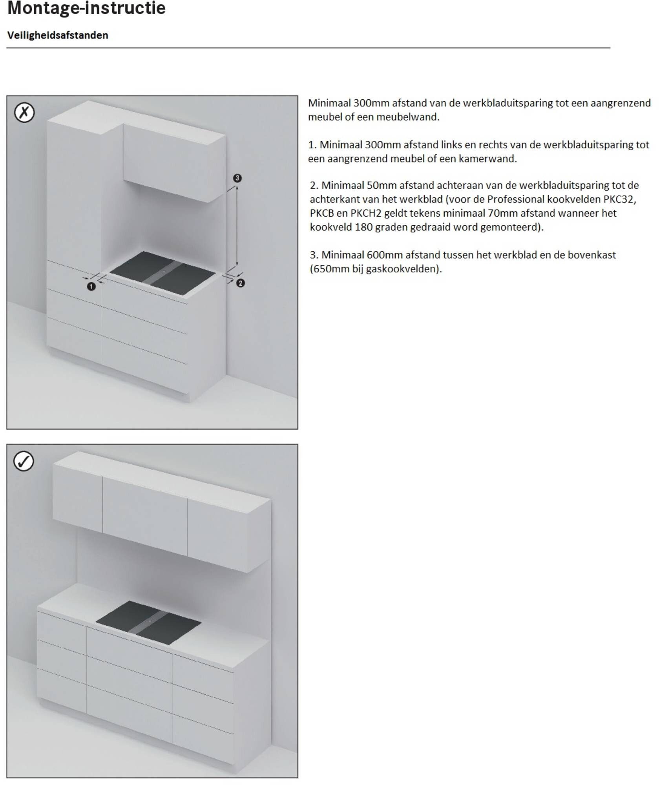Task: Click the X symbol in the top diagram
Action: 24,113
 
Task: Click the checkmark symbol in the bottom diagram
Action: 24,461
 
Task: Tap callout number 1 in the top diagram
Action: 91,287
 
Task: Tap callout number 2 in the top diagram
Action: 240,283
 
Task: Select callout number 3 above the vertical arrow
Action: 237,178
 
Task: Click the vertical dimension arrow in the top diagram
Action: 237,226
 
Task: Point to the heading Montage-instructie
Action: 86,8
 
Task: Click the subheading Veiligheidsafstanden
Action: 58,35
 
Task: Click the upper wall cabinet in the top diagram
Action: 174,162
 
